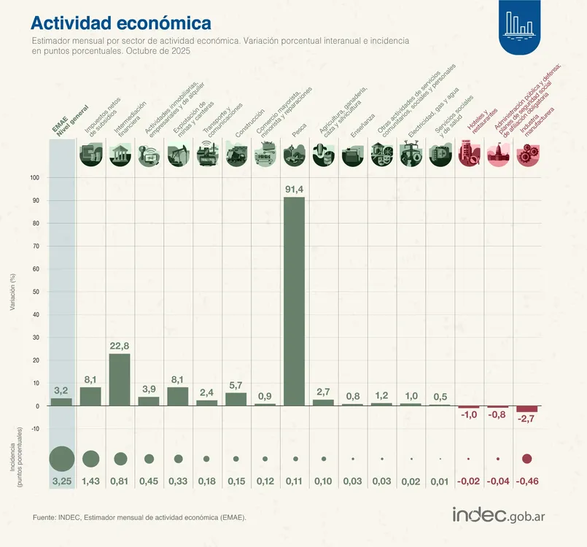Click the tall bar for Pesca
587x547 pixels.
[x=294, y=301]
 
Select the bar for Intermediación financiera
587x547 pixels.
[x=120, y=379]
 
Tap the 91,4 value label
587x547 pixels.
[x=294, y=190]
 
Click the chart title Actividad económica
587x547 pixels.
[x=121, y=24]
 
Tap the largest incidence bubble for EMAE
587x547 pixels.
[x=61, y=459]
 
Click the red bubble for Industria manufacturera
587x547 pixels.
[x=527, y=459]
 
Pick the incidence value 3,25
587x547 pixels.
[x=61, y=481]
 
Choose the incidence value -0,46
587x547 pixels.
[x=527, y=481]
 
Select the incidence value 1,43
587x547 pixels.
[x=90, y=481]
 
